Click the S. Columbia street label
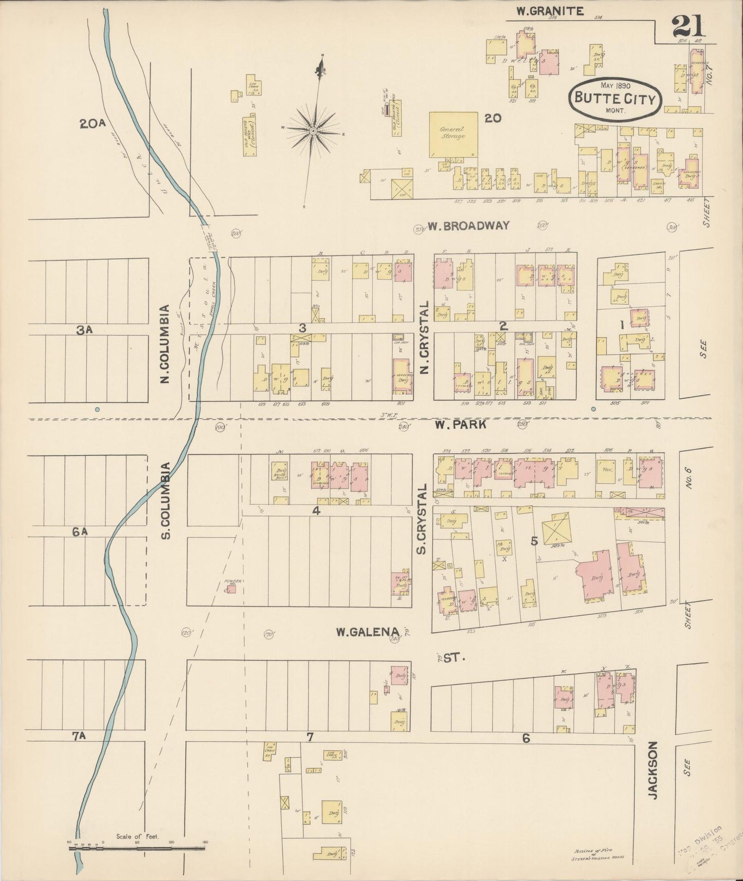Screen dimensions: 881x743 tap(166, 501)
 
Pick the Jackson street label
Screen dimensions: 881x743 tap(653, 769)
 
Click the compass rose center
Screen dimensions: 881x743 tap(313, 132)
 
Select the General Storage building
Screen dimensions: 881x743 tap(452, 135)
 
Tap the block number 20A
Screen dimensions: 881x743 tap(93, 123)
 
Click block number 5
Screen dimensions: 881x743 tap(534, 541)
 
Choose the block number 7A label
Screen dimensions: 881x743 tap(78, 736)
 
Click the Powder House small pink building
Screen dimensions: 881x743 tap(232, 589)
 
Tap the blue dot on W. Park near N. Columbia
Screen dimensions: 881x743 tap(97, 410)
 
